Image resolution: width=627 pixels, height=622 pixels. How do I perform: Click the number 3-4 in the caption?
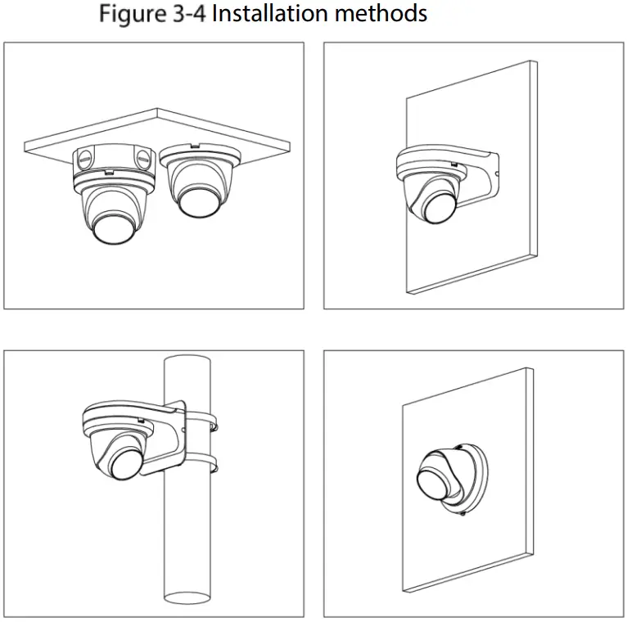click(189, 14)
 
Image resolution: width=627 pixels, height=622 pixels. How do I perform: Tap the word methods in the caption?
click(386, 14)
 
